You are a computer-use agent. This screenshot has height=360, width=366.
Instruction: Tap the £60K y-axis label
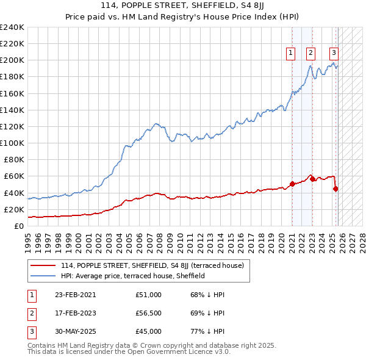(x=14, y=176)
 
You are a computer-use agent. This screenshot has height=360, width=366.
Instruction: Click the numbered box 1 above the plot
(x=291, y=53)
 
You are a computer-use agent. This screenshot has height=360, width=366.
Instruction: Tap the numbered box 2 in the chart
(x=311, y=53)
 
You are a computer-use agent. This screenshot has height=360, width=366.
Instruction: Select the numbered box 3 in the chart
(x=334, y=53)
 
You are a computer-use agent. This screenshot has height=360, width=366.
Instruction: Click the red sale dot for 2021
(x=292, y=184)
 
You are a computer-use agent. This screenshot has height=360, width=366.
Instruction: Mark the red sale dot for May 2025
(x=335, y=189)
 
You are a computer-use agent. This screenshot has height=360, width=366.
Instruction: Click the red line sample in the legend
(x=43, y=265)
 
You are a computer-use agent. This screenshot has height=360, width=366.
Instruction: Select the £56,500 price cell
(x=149, y=313)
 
